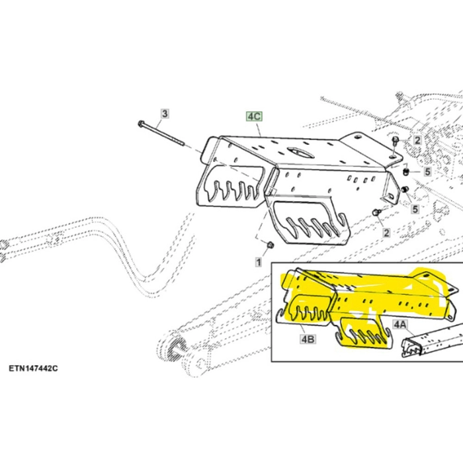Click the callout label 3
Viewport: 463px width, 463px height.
(165, 114)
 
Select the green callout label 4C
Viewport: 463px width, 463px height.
(254, 116)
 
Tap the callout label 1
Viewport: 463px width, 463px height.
(259, 263)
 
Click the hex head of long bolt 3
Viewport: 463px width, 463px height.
(142, 124)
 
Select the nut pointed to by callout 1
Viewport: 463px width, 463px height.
(270, 246)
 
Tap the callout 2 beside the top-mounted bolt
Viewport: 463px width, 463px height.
(417, 140)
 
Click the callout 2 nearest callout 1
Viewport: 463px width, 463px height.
(386, 233)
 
